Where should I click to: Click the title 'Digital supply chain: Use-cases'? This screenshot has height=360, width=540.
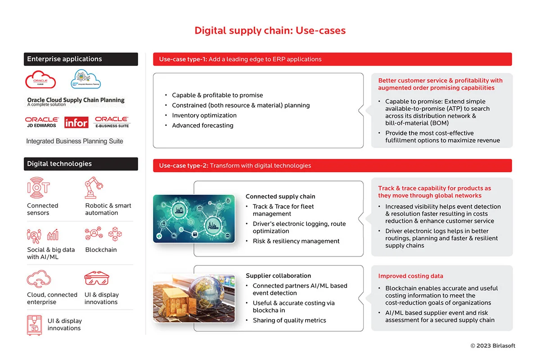[270, 31]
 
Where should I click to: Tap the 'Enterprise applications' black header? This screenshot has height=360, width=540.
[81, 59]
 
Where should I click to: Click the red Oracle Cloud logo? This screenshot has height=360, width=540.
[40, 80]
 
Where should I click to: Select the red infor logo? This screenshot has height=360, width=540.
[76, 122]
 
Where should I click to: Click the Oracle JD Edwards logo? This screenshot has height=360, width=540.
[42, 122]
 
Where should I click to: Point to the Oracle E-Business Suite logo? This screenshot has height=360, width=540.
[112, 122]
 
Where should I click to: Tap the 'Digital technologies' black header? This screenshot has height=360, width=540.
[81, 164]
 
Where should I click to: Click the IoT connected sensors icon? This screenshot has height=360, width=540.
[38, 187]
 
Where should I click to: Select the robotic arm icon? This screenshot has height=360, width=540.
[94, 187]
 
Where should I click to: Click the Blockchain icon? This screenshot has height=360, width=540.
[103, 234]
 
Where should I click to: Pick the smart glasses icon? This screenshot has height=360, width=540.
[96, 279]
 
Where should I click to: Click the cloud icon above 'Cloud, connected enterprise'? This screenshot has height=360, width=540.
[38, 279]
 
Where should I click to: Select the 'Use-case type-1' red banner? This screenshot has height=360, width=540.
[332, 59]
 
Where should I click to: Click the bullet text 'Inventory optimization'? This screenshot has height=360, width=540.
[204, 115]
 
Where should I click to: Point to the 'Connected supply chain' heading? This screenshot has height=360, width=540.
[280, 196]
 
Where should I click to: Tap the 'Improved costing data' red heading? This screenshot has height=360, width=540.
[410, 276]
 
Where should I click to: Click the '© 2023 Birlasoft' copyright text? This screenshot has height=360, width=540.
[493, 346]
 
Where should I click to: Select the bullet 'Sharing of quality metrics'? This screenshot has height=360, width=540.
[289, 320]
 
